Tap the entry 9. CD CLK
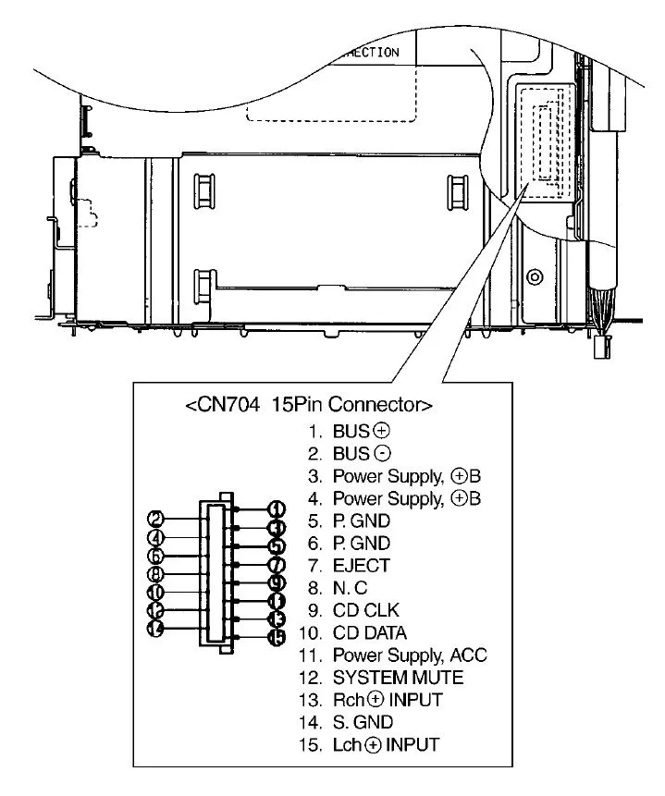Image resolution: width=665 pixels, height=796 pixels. [x=358, y=610]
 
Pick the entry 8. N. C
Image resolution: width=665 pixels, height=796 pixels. [x=340, y=587]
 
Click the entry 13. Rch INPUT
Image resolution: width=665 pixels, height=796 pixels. [x=373, y=700]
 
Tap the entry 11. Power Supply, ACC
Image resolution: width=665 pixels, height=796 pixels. [x=394, y=655]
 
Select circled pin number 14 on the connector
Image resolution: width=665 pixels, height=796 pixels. [x=156, y=628]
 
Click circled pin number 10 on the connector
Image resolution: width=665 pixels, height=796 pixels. [x=156, y=592]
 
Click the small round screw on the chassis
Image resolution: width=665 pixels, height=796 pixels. [x=534, y=277]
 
